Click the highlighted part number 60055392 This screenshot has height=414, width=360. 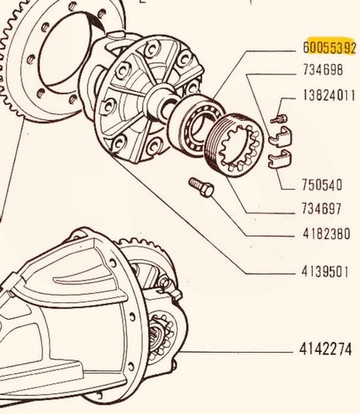click(329, 48)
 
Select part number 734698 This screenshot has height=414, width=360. click(323, 70)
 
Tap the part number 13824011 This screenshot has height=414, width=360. click(329, 95)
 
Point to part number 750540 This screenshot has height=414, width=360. click(322, 185)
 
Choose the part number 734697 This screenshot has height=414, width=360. click(322, 209)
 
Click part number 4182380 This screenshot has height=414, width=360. click(326, 233)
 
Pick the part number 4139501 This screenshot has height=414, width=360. click(325, 272)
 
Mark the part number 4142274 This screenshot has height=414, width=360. click(325, 349)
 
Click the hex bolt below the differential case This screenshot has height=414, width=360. click(201, 187)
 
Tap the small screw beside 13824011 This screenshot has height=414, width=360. click(278, 119)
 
